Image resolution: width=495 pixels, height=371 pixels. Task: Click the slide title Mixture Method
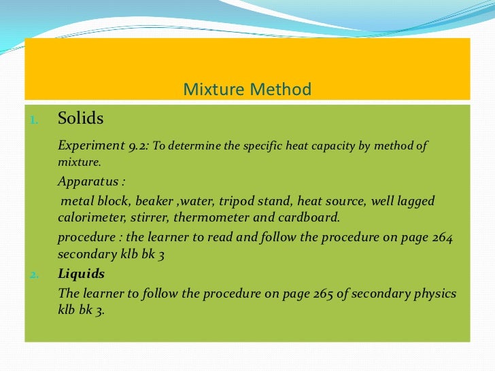pos(247,89)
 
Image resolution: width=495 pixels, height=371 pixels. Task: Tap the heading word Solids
pos(81,119)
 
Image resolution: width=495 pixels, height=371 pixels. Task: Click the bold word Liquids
pos(82,274)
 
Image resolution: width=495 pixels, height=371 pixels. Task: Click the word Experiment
pos(90,145)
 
